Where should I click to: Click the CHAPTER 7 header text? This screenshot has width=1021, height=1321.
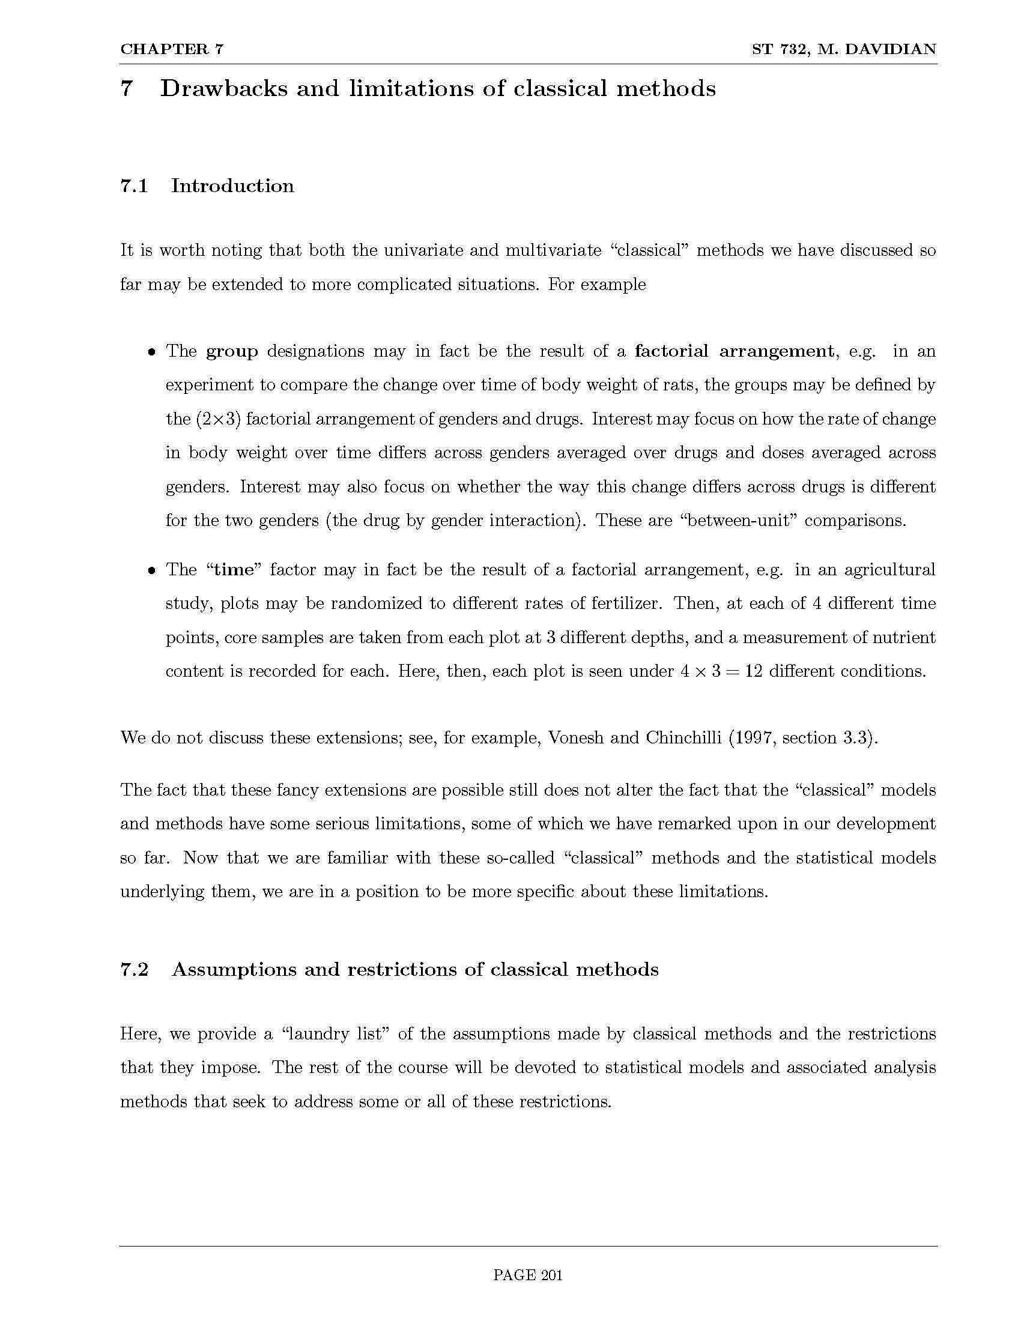pos(172,50)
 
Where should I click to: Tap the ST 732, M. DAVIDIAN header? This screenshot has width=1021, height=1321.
pos(844,50)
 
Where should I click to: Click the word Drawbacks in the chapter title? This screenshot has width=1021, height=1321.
pos(223,89)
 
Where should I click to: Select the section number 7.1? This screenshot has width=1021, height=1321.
pos(135,186)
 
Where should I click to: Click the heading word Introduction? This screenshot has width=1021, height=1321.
pos(232,186)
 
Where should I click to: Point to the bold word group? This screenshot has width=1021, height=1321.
pos(232,351)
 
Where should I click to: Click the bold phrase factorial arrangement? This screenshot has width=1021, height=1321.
pos(734,351)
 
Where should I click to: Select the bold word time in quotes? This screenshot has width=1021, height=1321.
pos(234,570)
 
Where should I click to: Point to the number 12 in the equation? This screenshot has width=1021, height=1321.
pos(753,671)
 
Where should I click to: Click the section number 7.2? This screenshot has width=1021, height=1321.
pos(135,970)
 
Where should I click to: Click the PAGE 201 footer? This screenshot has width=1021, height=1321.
pos(527,1275)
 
